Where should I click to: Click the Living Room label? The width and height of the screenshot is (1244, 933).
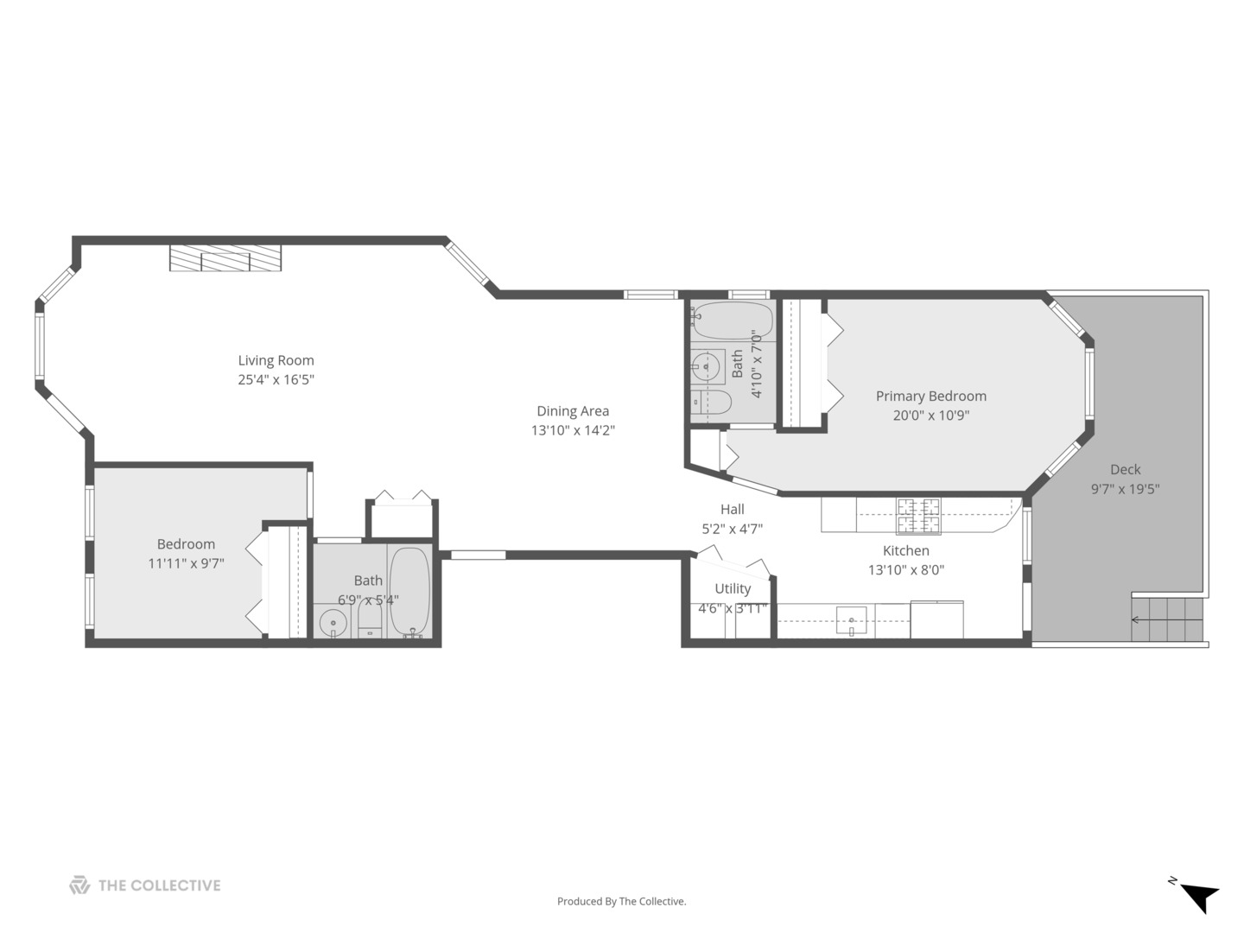click(276, 360)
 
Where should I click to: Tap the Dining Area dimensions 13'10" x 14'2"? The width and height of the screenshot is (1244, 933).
click(573, 430)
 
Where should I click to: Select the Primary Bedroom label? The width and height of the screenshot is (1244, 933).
click(930, 396)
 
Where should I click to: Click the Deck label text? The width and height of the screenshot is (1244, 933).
click(1125, 469)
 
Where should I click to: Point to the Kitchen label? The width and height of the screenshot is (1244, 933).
click(905, 550)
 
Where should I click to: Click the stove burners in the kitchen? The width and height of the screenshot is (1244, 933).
click(917, 515)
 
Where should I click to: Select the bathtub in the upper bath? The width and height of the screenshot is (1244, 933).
click(732, 321)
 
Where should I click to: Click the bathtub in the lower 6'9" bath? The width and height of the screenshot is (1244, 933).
click(409, 591)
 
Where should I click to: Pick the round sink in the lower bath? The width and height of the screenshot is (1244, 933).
click(333, 620)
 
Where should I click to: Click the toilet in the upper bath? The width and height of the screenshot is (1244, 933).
click(713, 403)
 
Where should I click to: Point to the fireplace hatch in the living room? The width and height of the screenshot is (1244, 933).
click(225, 257)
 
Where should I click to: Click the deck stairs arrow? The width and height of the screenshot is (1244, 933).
click(1134, 619)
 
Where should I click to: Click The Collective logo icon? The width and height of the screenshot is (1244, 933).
click(79, 885)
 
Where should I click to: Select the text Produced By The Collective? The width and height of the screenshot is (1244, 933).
click(621, 901)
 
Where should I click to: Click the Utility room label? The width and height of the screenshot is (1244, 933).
click(732, 588)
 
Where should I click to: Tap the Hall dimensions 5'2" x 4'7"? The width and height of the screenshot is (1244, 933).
click(732, 529)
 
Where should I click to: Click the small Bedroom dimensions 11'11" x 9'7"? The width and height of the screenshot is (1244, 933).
click(186, 563)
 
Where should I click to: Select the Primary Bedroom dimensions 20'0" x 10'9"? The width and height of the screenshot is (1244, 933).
click(930, 415)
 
